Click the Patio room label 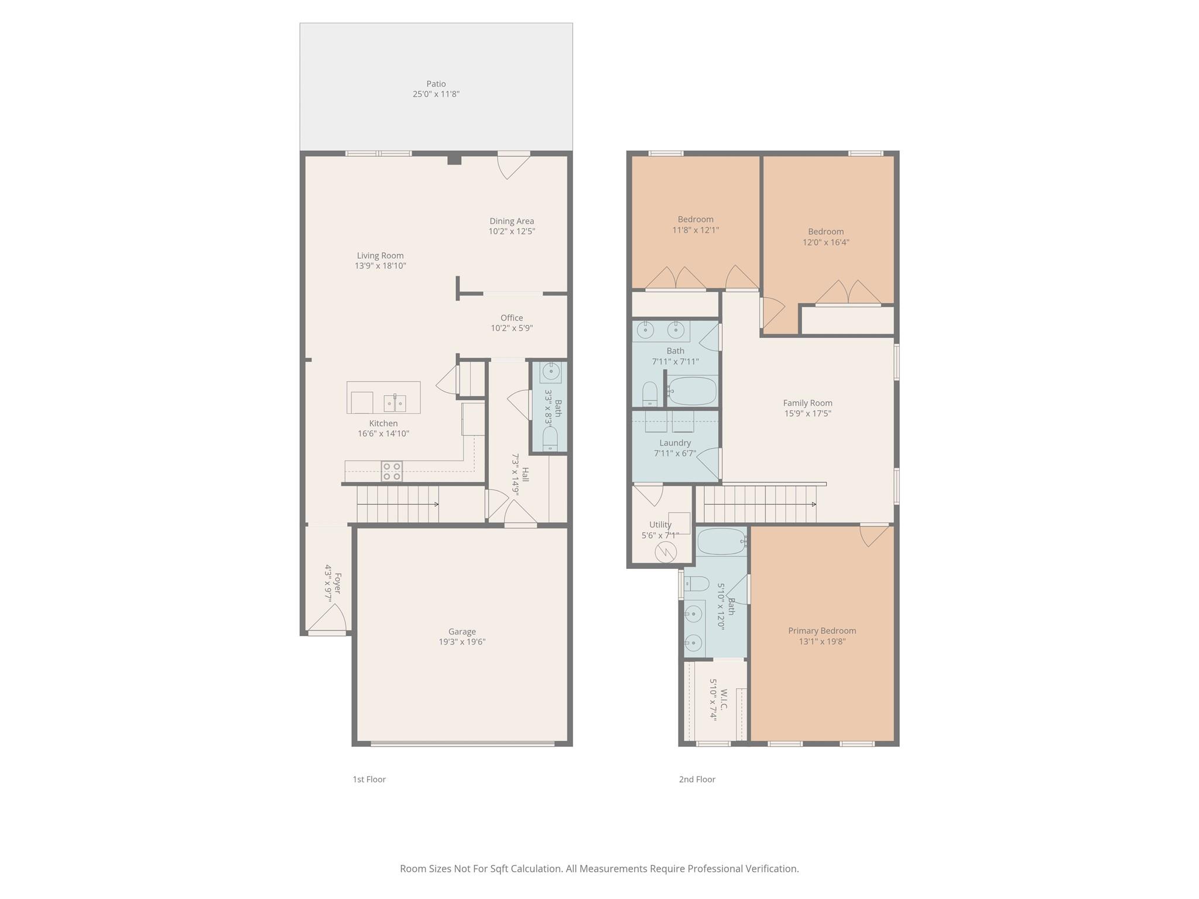(x=436, y=84)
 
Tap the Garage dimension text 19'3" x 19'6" (x=462, y=642)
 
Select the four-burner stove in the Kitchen (x=392, y=471)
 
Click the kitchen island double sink (x=395, y=403)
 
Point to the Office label (x=511, y=318)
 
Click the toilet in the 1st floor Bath (x=550, y=439)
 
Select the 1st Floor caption (x=369, y=779)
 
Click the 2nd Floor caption (x=697, y=779)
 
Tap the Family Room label (x=807, y=403)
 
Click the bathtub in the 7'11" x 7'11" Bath (x=692, y=391)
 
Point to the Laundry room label (x=674, y=443)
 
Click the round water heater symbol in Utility (x=666, y=552)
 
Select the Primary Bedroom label (x=821, y=630)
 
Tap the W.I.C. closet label (x=724, y=699)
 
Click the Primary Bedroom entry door (x=874, y=535)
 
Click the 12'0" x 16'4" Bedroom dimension (x=825, y=242)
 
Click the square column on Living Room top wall (x=454, y=159)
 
